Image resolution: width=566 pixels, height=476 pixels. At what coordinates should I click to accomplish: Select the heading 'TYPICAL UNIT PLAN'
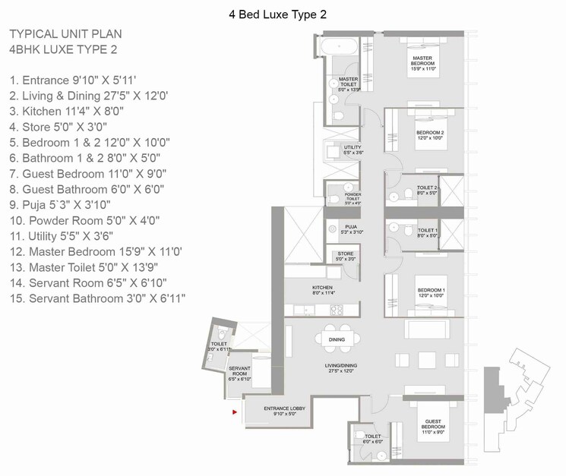[65, 35]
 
